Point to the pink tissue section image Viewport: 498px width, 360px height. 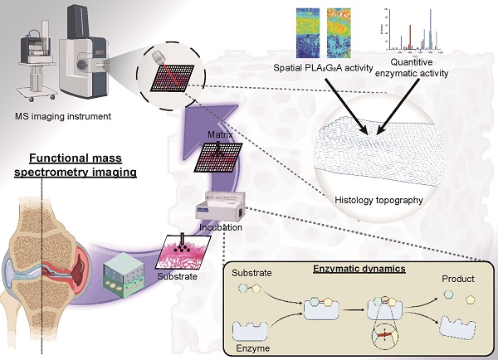coord(184,252)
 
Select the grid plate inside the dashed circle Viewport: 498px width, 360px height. coord(171,75)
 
